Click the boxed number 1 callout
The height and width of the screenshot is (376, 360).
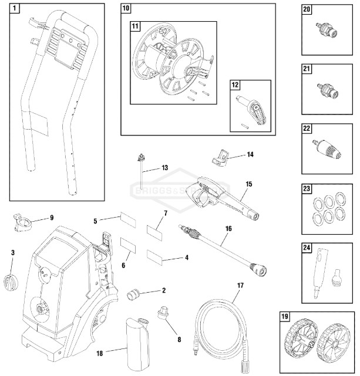[15, 9]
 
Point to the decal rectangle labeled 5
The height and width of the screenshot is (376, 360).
[128, 220]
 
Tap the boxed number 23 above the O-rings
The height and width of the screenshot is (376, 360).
[307, 189]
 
